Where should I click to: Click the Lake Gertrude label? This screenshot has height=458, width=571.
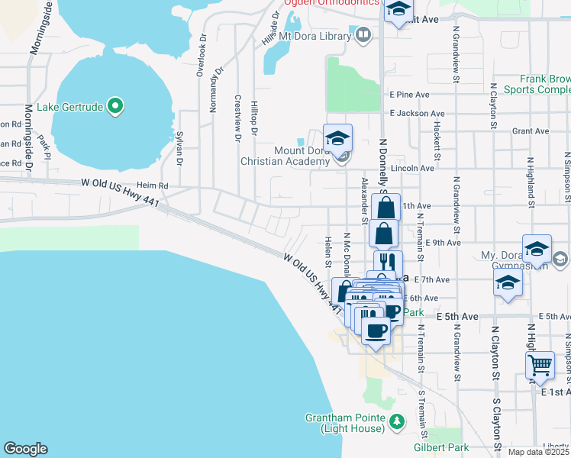tap(69, 107)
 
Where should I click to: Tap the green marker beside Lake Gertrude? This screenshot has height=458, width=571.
tap(115, 106)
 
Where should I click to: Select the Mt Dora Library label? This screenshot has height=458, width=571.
tap(315, 35)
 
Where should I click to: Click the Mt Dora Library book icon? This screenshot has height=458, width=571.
tap(363, 34)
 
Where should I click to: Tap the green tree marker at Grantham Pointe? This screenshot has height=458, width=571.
tap(396, 421)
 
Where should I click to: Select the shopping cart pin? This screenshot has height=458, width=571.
tap(540, 365)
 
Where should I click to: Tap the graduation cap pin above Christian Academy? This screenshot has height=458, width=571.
tap(337, 139)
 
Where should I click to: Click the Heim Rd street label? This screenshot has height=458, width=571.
tap(152, 185)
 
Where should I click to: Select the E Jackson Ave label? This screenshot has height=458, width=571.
tap(415, 113)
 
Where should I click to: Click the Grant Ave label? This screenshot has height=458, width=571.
tap(531, 131)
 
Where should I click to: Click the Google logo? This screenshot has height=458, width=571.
tap(25, 449)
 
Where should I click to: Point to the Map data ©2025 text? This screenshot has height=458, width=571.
tap(537, 452)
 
